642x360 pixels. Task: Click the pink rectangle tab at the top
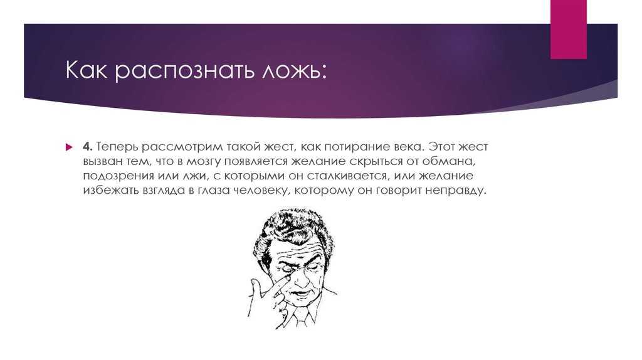(568, 29)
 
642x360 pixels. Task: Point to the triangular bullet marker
(69, 147)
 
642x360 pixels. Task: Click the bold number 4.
(88, 146)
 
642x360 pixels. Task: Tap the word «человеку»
(260, 191)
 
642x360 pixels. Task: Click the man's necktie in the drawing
(300, 315)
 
